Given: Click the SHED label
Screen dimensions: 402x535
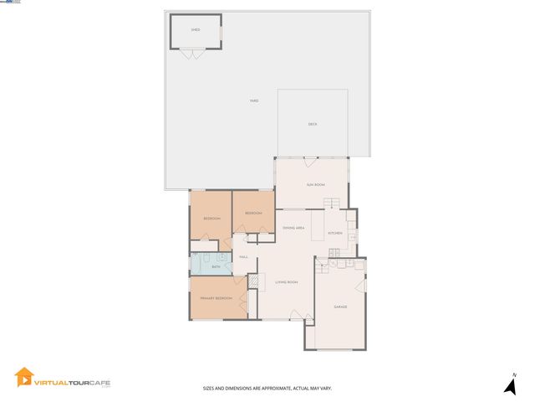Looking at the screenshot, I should click(196, 29).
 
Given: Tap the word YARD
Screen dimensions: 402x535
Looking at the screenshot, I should click(253, 101).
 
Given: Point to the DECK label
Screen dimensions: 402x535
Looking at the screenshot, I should click(313, 124).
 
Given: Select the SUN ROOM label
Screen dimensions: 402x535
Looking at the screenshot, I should click(315, 184).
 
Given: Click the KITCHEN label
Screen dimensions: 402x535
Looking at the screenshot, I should click(335, 233).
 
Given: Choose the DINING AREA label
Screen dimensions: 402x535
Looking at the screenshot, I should click(293, 228).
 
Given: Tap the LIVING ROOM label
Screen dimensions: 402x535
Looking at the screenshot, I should click(287, 282).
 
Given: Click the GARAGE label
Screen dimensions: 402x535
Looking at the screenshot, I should click(340, 307).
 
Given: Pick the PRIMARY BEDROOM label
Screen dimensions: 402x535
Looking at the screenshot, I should click(216, 298).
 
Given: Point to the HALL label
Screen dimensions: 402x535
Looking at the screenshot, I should click(244, 257).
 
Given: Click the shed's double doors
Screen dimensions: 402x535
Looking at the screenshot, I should click(193, 54).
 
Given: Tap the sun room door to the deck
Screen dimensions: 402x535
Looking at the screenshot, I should click(310, 159).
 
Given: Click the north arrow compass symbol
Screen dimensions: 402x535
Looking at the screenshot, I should click(509, 385).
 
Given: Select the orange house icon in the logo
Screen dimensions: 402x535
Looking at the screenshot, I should click(23, 379).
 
